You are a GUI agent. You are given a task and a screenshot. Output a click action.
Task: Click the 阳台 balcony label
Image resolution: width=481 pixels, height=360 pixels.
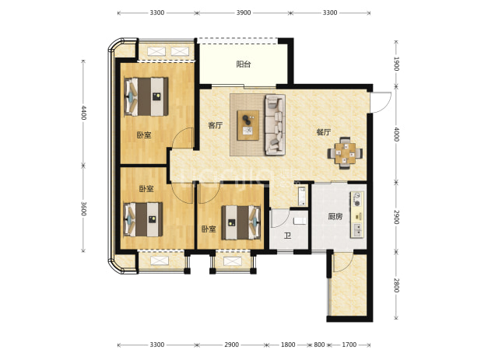[244, 65]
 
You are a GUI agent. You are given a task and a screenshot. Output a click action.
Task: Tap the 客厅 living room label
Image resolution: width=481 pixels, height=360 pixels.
[216, 125]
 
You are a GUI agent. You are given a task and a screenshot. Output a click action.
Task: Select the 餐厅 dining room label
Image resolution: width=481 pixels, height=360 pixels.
[324, 132]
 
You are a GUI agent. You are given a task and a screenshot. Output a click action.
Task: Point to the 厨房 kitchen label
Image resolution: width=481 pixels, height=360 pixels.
[335, 217]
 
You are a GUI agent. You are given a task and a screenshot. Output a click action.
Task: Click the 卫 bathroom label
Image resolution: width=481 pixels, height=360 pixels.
[287, 236]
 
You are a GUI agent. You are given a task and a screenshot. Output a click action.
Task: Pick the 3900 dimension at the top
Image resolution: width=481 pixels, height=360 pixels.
[244, 12]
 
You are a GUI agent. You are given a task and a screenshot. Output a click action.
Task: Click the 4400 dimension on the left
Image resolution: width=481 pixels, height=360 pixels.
[84, 113]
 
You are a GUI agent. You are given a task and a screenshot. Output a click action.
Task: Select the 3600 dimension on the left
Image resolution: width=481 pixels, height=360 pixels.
[84, 208]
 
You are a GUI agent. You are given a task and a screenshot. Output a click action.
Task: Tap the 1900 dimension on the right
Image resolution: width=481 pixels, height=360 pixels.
[396, 64]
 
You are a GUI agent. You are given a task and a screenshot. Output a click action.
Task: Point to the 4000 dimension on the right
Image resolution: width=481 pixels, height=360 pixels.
[396, 134]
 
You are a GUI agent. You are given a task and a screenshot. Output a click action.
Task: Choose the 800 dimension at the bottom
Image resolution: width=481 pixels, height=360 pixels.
[319, 344]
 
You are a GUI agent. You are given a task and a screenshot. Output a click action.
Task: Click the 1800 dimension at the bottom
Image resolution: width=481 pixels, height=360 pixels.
[288, 344]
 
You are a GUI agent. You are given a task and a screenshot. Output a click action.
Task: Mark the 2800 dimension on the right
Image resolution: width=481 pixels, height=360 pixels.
[396, 285]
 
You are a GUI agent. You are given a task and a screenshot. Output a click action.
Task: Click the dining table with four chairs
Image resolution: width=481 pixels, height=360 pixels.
[345, 153]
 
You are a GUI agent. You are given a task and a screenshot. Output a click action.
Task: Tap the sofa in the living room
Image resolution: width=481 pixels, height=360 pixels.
[276, 124]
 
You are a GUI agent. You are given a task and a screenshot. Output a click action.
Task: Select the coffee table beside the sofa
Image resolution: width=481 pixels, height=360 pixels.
[248, 125]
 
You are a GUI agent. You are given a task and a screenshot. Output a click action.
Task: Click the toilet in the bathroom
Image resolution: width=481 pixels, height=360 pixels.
[300, 221]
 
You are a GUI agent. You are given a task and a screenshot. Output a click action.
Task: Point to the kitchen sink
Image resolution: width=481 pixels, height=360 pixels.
[358, 230]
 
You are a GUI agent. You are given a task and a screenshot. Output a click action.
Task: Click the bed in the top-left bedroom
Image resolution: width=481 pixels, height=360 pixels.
[146, 97]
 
